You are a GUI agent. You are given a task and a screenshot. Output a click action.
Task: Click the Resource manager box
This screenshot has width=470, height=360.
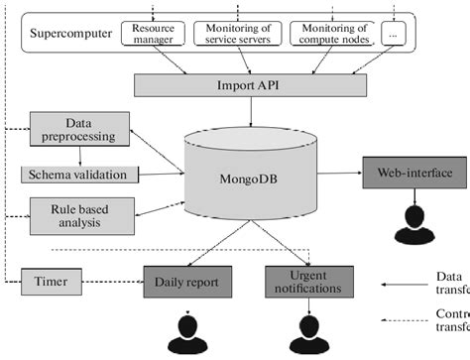pyautogui.click(x=153, y=35)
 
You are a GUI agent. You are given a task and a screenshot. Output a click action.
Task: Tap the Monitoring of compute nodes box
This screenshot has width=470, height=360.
pyautogui.click(x=332, y=35)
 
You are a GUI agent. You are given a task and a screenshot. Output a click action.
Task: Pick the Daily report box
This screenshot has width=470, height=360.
pyautogui.click(x=187, y=255)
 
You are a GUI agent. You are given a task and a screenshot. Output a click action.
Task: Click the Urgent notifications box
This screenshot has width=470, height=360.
pyautogui.click(x=310, y=254)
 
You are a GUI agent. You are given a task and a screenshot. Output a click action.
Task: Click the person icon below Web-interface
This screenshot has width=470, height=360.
pyautogui.click(x=413, y=225)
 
